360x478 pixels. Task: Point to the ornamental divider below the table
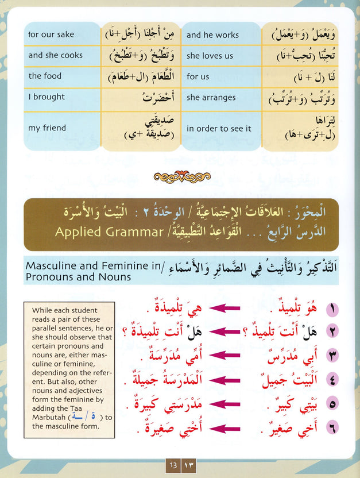click(x=180, y=177)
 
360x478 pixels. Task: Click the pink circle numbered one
click(x=332, y=310)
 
